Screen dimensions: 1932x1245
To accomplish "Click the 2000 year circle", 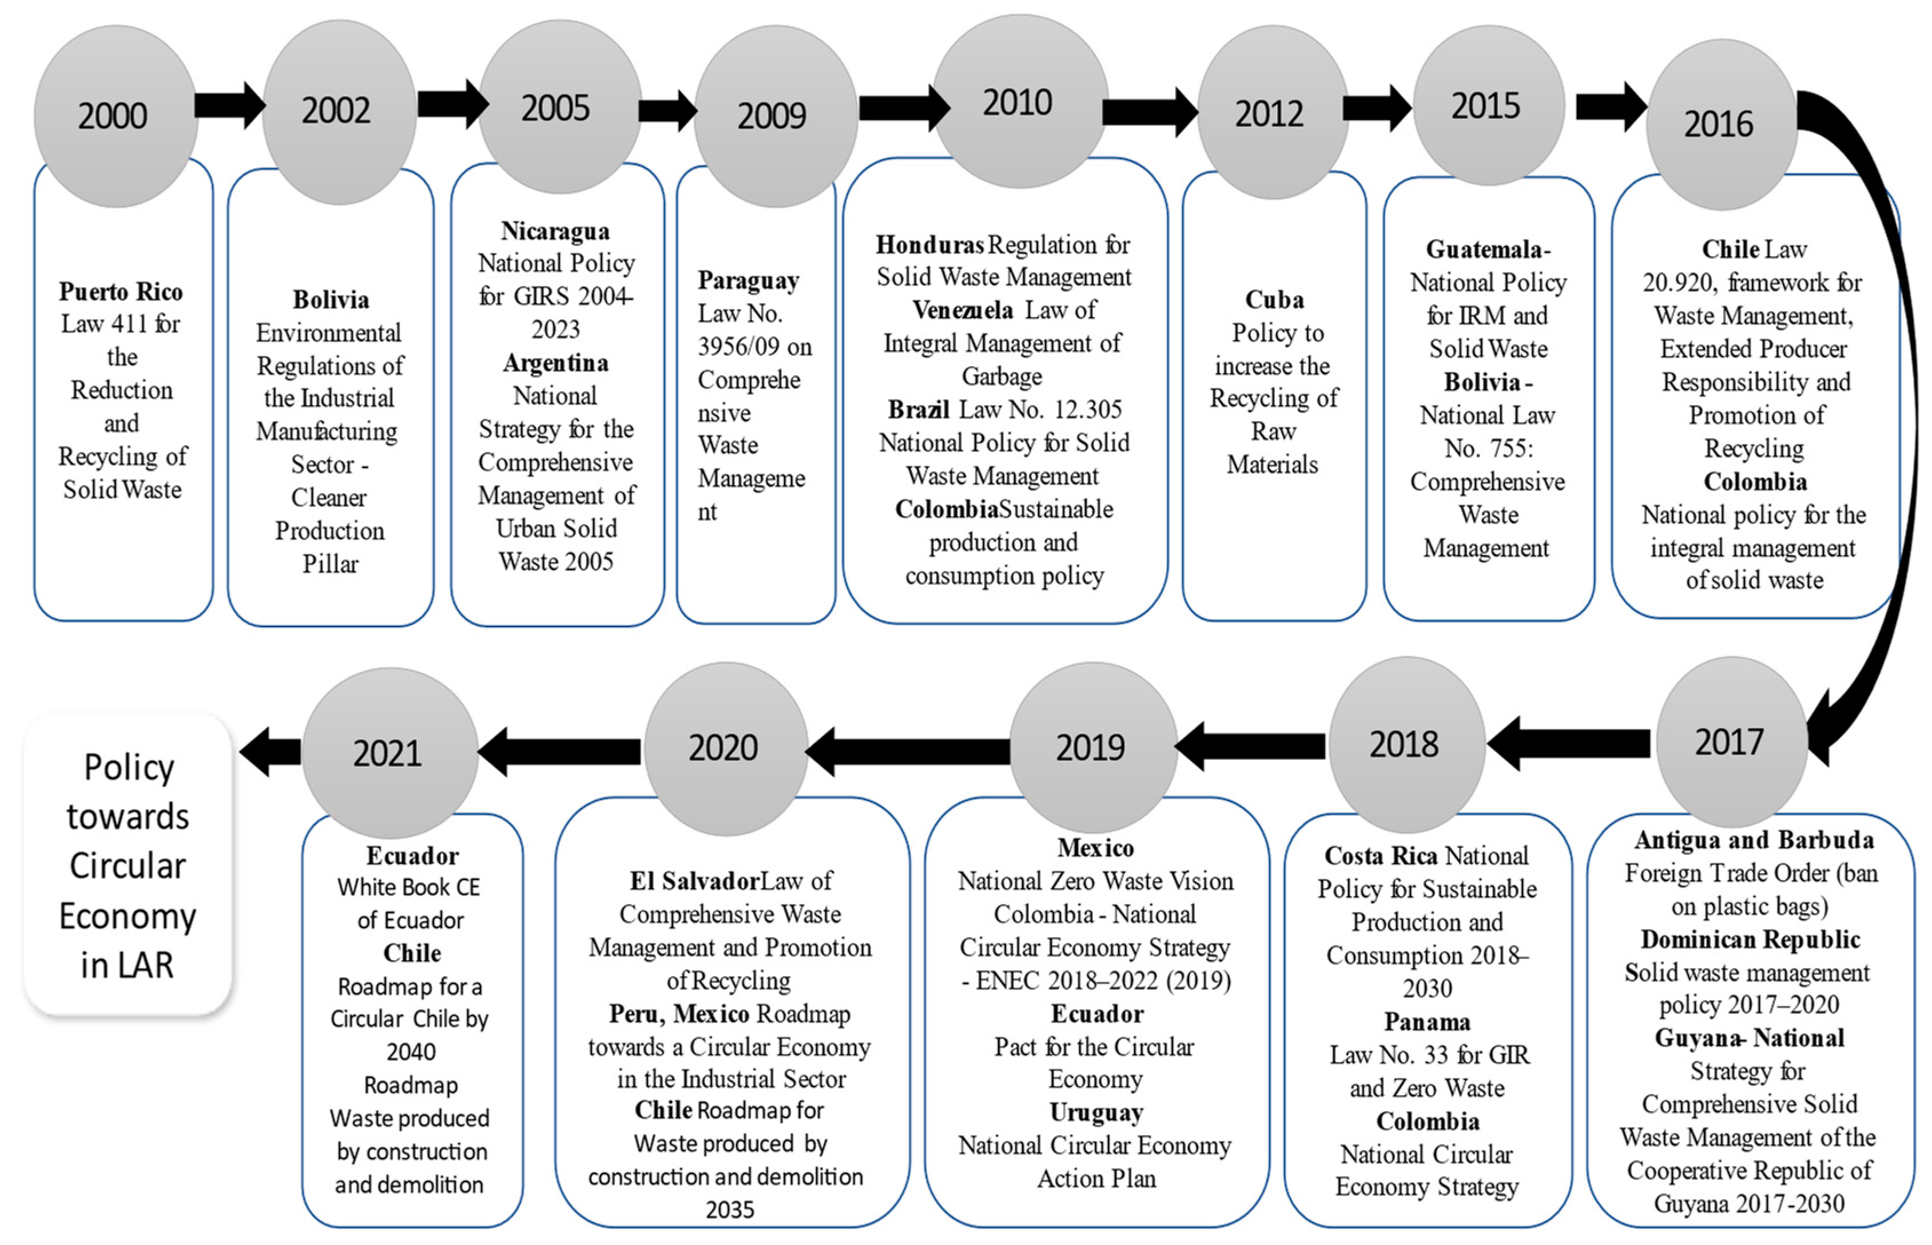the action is (113, 116).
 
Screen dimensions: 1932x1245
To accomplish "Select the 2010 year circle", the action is (1017, 102).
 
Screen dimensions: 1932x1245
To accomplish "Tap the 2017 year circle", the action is (1728, 742).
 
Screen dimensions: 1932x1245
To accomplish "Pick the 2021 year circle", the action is (388, 752).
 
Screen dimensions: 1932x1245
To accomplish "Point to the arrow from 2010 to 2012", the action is (1150, 112).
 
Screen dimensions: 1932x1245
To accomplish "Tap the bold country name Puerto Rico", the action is (121, 291).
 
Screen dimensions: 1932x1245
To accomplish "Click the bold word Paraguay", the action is (748, 280).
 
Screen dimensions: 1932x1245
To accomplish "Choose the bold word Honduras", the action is (929, 244).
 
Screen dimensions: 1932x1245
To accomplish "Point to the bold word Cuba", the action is (1274, 300).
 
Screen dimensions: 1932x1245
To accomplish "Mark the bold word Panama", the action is (1427, 1022).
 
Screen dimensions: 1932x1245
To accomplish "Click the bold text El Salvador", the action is (695, 881).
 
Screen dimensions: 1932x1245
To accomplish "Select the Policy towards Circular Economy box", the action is (128, 865).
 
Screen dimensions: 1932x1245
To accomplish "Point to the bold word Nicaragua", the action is (555, 231).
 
